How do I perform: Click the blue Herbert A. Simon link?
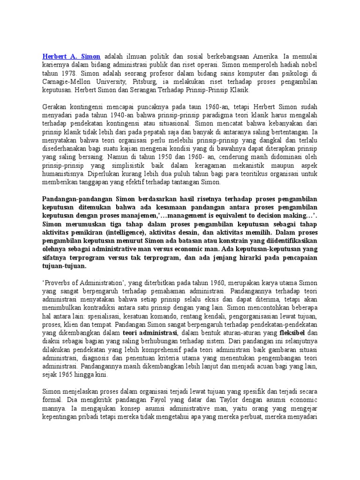(71, 57)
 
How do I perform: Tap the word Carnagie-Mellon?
(65, 82)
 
